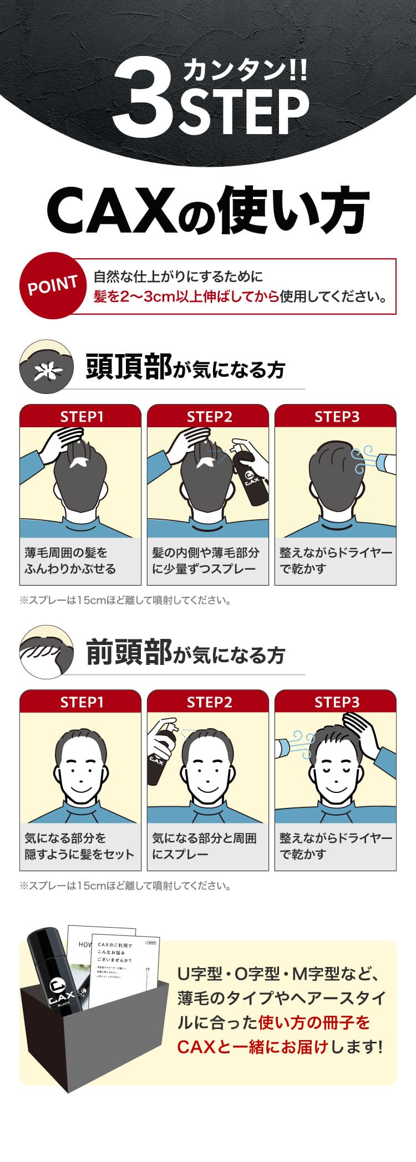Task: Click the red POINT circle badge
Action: click(52, 286)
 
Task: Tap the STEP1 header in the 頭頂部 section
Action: click(80, 417)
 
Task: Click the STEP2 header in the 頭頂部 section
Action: click(208, 417)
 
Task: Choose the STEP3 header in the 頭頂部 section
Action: click(336, 417)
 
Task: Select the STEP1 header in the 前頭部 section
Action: click(80, 702)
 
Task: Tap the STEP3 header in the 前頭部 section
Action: click(336, 702)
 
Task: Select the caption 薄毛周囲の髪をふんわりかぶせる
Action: click(70, 561)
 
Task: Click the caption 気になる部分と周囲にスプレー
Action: click(204, 846)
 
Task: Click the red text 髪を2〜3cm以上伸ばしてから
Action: click(186, 296)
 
